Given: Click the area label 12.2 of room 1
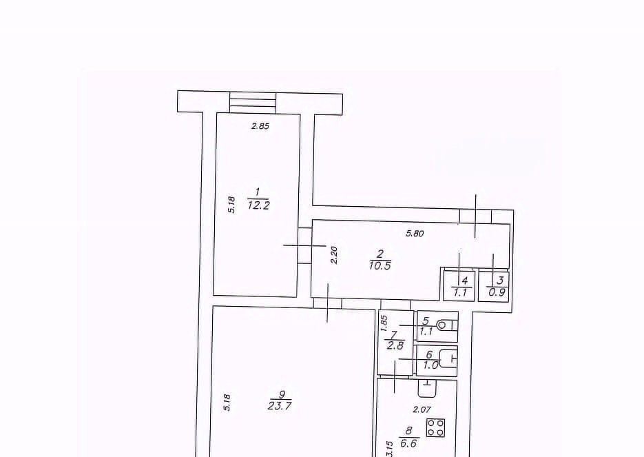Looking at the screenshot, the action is point(259,205).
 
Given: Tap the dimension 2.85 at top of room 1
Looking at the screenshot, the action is point(260,126).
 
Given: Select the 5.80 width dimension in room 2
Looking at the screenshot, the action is point(415,234).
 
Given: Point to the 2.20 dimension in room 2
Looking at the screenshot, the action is point(333,255).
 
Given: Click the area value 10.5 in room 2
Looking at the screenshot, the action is point(380,266).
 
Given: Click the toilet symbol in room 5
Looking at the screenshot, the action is point(446,325).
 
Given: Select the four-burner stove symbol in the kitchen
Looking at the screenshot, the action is point(436,427).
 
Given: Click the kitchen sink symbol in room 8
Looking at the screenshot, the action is point(427,388).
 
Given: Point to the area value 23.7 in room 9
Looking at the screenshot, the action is point(280,407).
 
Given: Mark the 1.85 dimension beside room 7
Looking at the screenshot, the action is point(384,323).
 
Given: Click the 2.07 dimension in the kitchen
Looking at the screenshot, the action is point(422,409).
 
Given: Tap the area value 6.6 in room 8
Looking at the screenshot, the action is point(408,444).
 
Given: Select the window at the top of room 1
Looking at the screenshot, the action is point(253,103).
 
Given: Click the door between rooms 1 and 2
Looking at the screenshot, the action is point(304,245).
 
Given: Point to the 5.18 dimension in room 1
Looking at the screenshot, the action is point(231,204).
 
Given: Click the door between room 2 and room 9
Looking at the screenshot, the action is point(327,303).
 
